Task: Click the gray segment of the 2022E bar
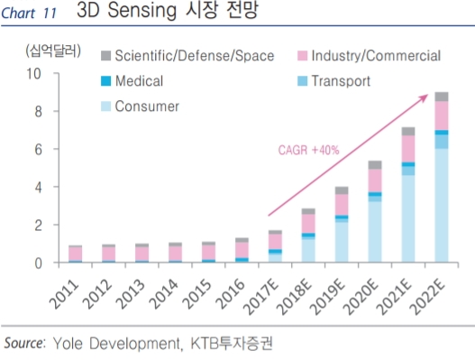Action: tap(442, 97)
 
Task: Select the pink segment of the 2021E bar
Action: tap(408, 149)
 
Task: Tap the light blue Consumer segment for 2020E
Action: tap(375, 232)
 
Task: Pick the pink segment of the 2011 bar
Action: tap(76, 254)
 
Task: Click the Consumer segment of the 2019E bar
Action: tap(342, 242)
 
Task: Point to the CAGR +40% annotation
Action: tap(308, 150)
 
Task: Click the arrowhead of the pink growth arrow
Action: tap(425, 97)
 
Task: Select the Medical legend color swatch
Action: tap(105, 81)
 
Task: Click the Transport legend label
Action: tap(341, 81)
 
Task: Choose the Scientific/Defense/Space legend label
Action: tap(195, 56)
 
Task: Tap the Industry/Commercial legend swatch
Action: tap(302, 56)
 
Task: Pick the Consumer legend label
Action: tap(147, 106)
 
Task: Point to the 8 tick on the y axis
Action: tap(38, 112)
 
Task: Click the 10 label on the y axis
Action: tap(33, 74)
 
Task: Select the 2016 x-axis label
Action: tap(230, 293)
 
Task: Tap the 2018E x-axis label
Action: tap(295, 297)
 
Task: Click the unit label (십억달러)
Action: tap(53, 51)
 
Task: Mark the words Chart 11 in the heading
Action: tap(29, 13)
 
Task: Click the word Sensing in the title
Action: tap(142, 10)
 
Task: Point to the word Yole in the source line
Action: tap(68, 344)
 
